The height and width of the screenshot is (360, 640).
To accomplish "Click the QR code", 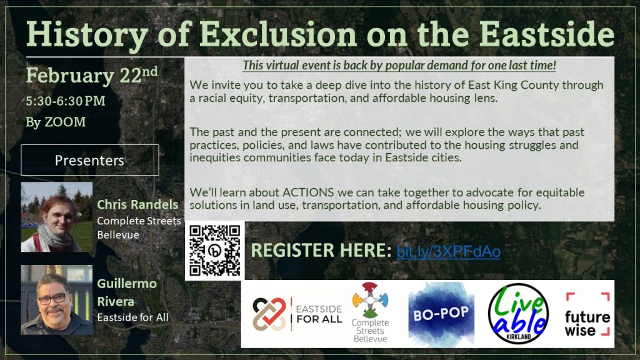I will click(214, 251).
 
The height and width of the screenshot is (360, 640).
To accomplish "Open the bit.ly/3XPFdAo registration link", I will click(448, 251).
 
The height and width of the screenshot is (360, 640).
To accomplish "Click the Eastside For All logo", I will click(297, 313).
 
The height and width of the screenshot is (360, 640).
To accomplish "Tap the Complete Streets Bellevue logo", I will click(369, 312).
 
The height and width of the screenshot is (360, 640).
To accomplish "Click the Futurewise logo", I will click(587, 314).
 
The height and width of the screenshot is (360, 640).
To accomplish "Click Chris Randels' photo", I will click(57, 217).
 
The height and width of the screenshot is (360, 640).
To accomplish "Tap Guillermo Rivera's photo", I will click(57, 299).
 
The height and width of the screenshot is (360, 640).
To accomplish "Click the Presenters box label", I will click(89, 160).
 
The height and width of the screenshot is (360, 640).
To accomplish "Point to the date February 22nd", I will click(92, 76).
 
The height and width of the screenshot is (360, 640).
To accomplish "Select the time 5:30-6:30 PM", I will click(65, 100).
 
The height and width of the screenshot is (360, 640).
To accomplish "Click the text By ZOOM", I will click(56, 122).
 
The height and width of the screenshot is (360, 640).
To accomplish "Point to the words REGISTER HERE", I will click(321, 251).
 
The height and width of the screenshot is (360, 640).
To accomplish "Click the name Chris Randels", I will click(137, 205).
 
